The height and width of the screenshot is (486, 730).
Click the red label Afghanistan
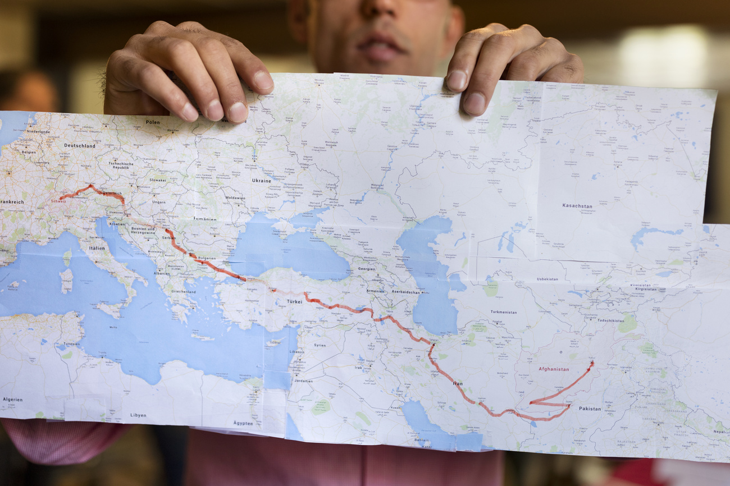tap(554, 369)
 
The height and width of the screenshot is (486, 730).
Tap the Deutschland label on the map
tap(79, 145)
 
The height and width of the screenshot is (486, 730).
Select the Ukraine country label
tap(261, 181)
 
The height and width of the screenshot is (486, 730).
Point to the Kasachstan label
tap(577, 206)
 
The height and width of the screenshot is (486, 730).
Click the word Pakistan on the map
tap(590, 409)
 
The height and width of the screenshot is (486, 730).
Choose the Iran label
tap(458, 383)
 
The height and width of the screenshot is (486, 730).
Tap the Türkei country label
tap(295, 301)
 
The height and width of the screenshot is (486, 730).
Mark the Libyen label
tap(138, 415)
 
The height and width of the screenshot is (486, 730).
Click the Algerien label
tap(12, 400)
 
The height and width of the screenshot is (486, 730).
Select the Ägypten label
tap(243, 423)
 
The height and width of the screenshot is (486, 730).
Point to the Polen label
tap(153, 122)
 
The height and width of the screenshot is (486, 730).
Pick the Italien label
tap(97, 247)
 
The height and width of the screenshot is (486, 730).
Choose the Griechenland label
tap(183, 292)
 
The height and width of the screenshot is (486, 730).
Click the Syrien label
tap(320, 345)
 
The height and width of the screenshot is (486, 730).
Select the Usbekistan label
tap(547, 279)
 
